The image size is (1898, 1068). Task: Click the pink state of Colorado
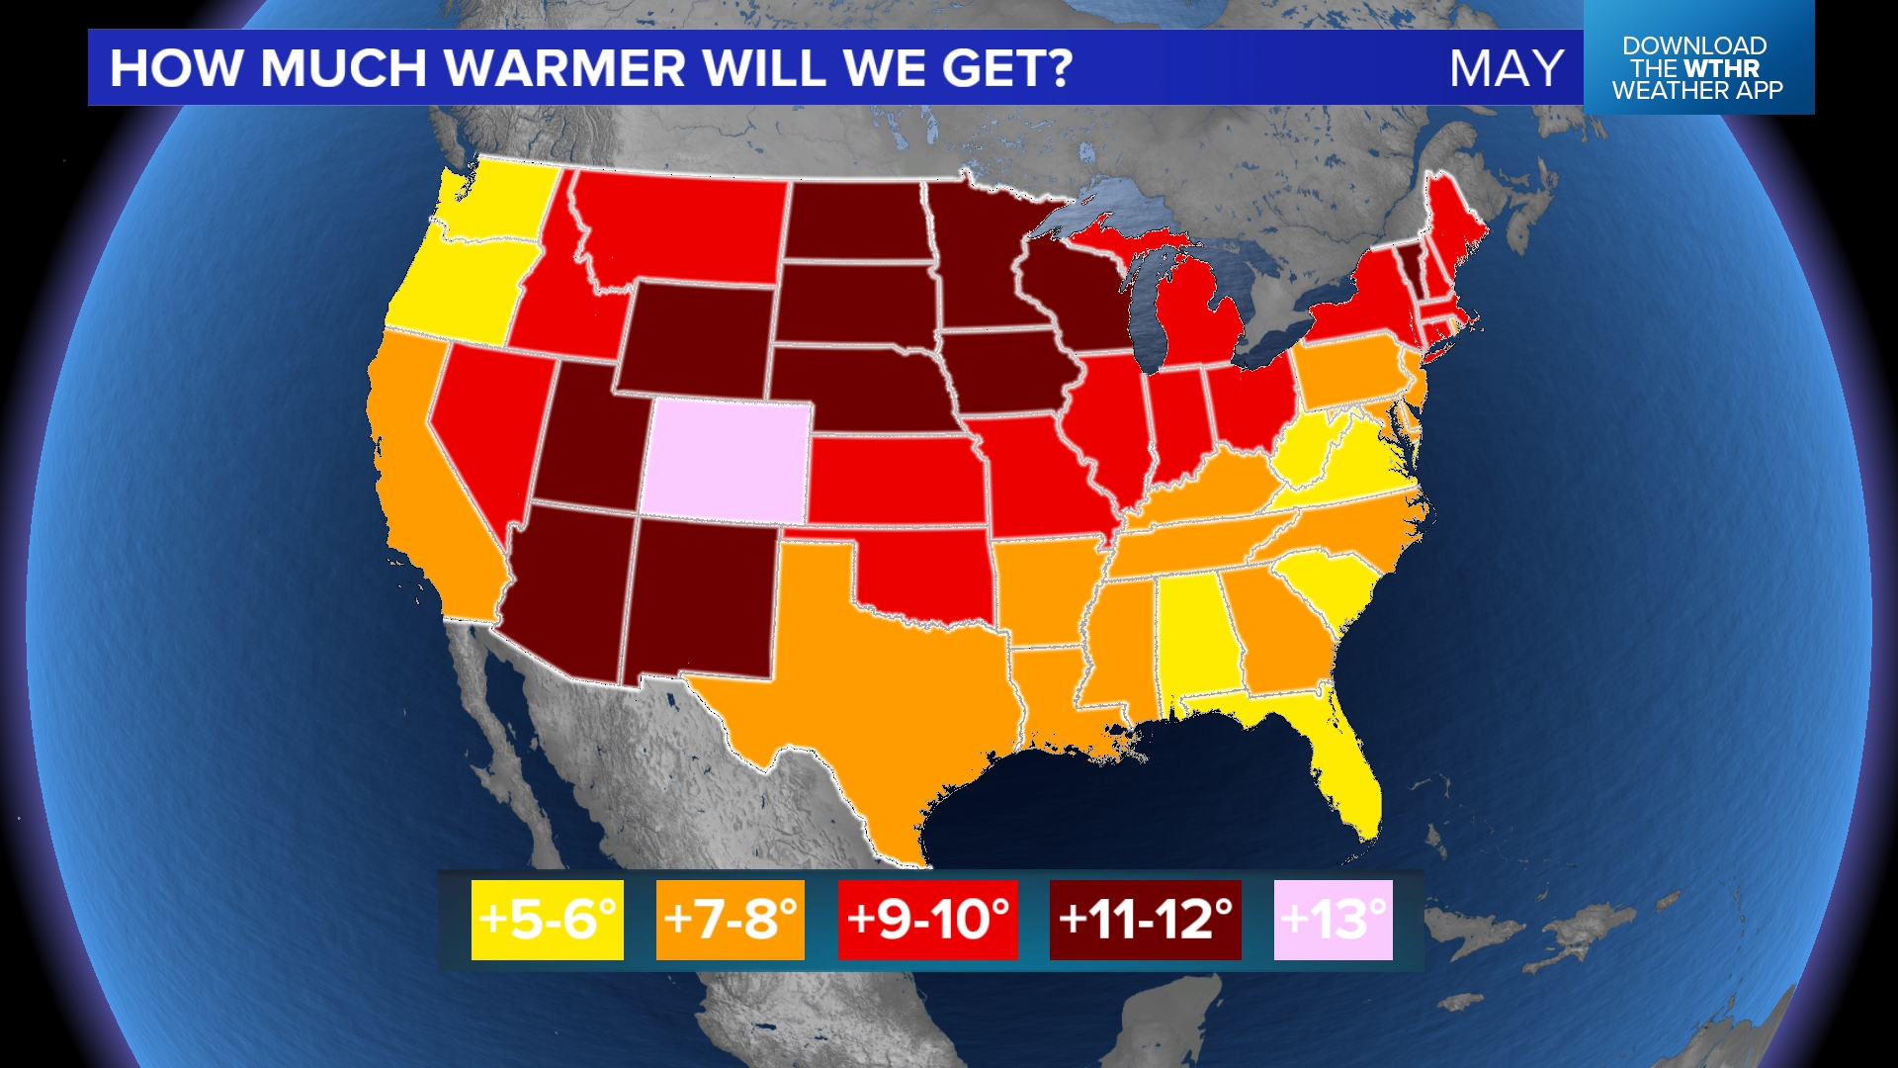pyautogui.click(x=727, y=460)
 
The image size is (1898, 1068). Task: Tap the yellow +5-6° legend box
pyautogui.click(x=547, y=920)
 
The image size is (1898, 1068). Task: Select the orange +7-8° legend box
pyautogui.click(x=730, y=920)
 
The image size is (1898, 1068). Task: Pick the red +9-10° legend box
pyautogui.click(x=927, y=920)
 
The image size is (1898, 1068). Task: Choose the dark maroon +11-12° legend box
pyautogui.click(x=1145, y=920)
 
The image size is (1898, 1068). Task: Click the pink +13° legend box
pyautogui.click(x=1333, y=920)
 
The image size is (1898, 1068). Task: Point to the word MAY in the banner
pyautogui.click(x=1506, y=68)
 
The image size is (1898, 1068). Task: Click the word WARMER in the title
pyautogui.click(x=563, y=68)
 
